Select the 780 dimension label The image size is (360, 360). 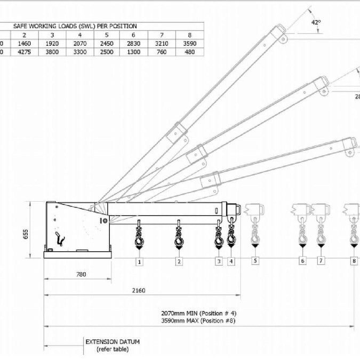pyautogui.click(x=81, y=274)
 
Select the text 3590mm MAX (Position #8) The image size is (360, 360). pyautogui.click(x=198, y=321)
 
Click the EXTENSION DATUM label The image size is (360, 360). pyautogui.click(x=109, y=342)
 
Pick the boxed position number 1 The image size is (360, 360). pyautogui.click(x=139, y=261)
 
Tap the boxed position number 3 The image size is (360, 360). pyautogui.click(x=218, y=261)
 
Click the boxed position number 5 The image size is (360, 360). pyautogui.click(x=255, y=261)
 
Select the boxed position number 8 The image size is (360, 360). pyautogui.click(x=354, y=261)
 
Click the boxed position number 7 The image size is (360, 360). pyautogui.click(x=321, y=261)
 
